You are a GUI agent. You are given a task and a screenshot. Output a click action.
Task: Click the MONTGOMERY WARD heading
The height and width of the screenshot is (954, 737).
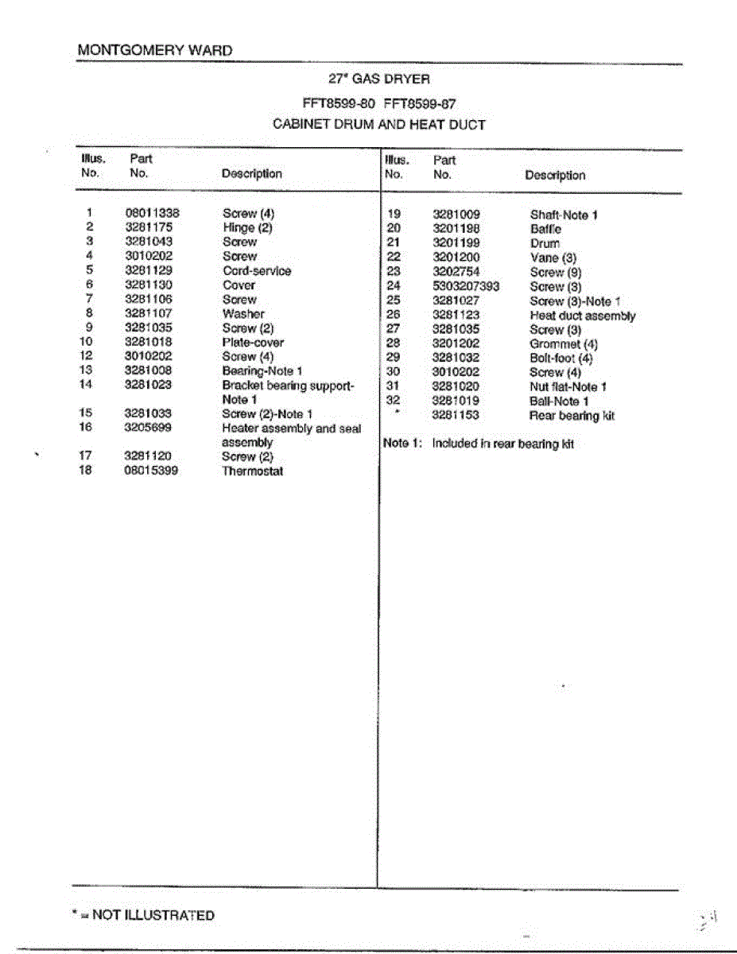click(155, 50)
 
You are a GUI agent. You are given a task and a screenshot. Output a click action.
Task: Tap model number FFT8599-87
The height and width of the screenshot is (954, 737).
click(420, 103)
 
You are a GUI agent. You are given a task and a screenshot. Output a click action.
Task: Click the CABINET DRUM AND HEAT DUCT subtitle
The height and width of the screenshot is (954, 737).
click(378, 124)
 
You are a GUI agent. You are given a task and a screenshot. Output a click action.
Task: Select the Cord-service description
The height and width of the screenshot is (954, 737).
click(257, 270)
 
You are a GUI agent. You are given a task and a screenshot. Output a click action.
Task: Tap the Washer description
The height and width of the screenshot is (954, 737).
click(243, 313)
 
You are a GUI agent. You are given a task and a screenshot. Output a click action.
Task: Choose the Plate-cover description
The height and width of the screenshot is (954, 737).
click(253, 342)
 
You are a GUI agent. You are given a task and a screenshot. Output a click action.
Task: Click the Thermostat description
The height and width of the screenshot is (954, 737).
click(252, 471)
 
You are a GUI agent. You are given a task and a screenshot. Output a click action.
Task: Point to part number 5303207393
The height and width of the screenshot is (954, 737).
click(466, 286)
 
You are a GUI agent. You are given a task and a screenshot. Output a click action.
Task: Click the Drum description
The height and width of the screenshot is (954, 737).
click(545, 243)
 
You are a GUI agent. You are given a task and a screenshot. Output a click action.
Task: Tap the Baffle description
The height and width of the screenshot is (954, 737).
click(545, 229)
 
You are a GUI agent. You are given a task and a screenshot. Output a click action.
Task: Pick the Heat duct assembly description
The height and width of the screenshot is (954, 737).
click(582, 316)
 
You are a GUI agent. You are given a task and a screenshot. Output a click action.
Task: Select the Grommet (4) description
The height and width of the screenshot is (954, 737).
click(564, 344)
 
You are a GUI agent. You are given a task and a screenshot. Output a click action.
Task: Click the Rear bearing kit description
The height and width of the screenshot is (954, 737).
click(572, 416)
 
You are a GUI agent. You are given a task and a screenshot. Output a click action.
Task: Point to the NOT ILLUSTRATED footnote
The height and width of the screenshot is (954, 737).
click(143, 915)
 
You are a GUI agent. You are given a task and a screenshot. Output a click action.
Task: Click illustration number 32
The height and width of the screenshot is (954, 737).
click(393, 401)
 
